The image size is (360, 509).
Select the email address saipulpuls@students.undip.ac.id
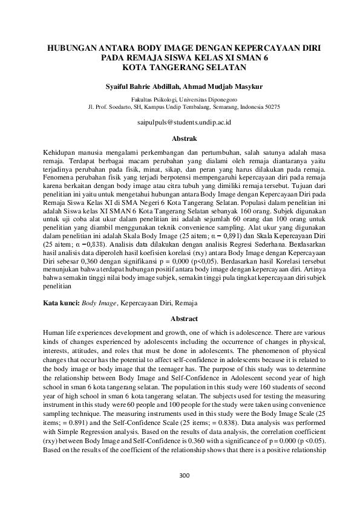[x=180, y=122]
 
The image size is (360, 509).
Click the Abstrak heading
[x=180, y=138]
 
